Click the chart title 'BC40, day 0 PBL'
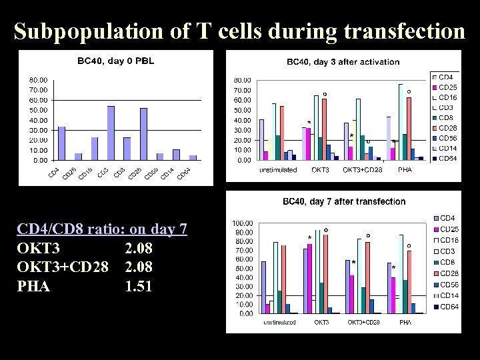click(x=115, y=61)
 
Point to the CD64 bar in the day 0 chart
click(x=193, y=157)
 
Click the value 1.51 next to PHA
click(x=139, y=287)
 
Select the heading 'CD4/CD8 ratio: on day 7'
click(x=102, y=229)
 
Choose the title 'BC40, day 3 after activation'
click(x=343, y=62)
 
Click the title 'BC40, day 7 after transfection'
click(x=344, y=201)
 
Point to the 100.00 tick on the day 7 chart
click(x=241, y=223)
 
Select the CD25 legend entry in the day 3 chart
click(x=446, y=87)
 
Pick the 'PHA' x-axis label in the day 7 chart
click(x=405, y=322)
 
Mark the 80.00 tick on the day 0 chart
click(x=37, y=80)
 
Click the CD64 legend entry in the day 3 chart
click(x=446, y=158)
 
